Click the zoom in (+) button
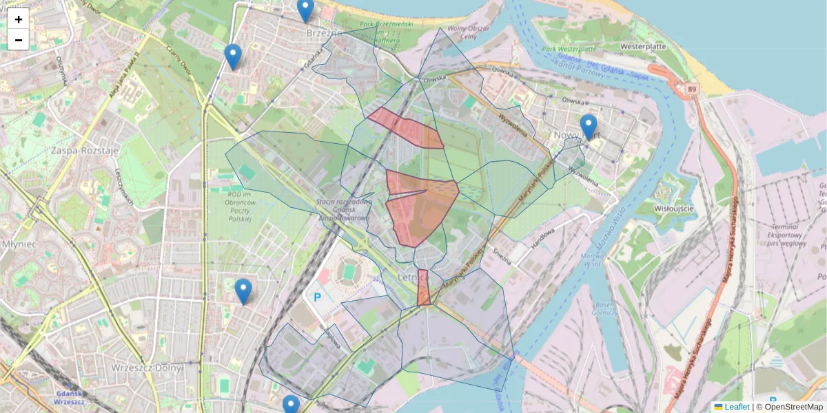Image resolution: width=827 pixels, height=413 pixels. tap(19, 19)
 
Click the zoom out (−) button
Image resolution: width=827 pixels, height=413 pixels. tap(19, 40)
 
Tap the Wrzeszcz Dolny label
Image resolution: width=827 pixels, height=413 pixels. tap(147, 368)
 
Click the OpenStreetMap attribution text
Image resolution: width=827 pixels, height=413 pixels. tap(789, 407)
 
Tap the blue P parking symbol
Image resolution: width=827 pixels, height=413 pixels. tap(318, 298)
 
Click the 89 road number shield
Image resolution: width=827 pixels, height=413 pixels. tap(691, 89)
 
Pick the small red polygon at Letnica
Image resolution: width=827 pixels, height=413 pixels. tap(424, 288)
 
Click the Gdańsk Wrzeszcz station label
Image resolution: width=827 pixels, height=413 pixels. tap(68, 397)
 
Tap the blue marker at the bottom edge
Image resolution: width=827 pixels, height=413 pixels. tap(291, 405)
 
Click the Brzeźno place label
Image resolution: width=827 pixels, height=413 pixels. tap(323, 32)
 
